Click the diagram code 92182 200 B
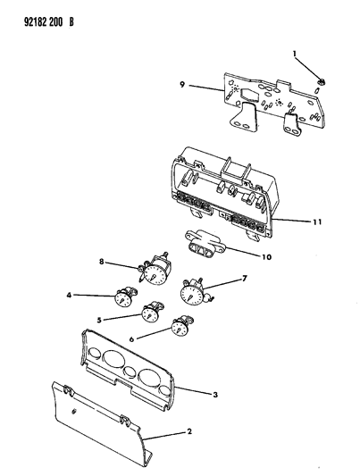pos(48,22)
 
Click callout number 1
pos(294,54)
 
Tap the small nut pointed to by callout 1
pos(320,81)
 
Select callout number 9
pos(182,84)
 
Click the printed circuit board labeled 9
pos(273,104)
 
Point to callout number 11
pos(317,222)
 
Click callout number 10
pos(267,257)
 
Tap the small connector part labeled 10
pos(205,242)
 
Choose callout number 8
pos(102,261)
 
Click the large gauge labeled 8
pos(155,270)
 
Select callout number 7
pos(245,278)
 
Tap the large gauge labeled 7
pos(193,292)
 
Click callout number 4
pos(69,295)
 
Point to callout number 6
pos(131,338)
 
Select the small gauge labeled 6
pos(181,326)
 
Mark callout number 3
pos(215,395)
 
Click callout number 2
pos(189,431)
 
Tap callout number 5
pos(99,320)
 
